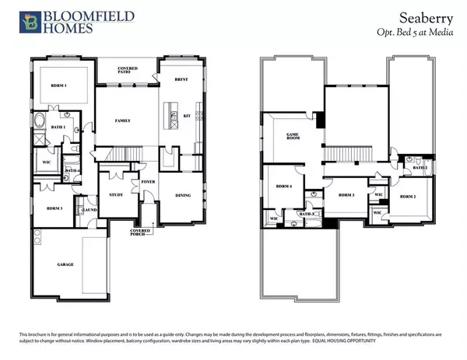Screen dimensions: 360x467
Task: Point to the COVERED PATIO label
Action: (127, 70)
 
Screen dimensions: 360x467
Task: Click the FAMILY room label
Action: (121, 121)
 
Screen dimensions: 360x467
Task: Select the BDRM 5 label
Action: (54, 209)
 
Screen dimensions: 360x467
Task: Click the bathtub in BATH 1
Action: (40, 121)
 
